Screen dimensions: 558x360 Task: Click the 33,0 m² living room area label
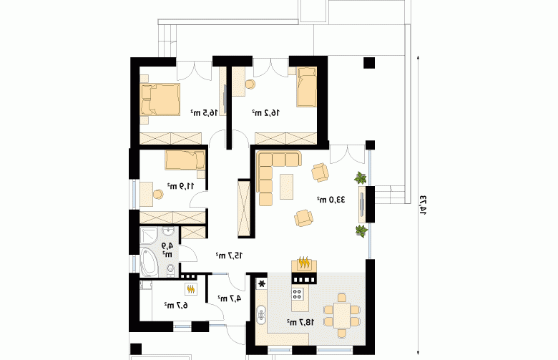point(331,200)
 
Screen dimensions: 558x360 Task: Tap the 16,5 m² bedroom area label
point(204,113)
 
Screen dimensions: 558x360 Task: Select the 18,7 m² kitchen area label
point(300,322)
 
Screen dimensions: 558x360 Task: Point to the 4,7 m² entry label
point(230,298)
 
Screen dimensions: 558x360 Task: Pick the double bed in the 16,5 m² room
point(160,99)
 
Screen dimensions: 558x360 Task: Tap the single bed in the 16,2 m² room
point(307,87)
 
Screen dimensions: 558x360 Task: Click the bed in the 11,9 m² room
point(185,160)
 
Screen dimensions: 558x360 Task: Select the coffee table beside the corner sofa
point(286,187)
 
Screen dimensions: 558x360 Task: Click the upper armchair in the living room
point(320,172)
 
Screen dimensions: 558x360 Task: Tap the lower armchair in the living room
point(303,218)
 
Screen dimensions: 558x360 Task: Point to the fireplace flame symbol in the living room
point(304,263)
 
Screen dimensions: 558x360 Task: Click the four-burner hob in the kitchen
point(297,293)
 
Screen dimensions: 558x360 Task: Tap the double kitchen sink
point(262,314)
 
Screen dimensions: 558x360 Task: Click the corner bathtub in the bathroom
point(148,262)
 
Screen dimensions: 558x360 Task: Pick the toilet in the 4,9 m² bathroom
point(170,271)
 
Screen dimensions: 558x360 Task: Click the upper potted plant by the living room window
point(361,177)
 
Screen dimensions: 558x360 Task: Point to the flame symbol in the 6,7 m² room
point(191,289)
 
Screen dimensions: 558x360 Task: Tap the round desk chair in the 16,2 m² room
point(250,84)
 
